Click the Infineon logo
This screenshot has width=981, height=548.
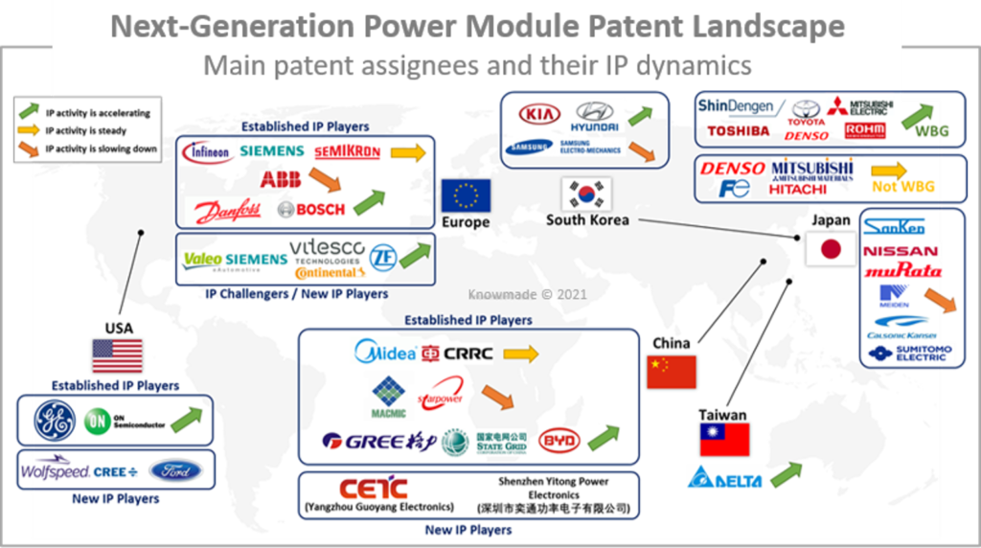[x=207, y=151]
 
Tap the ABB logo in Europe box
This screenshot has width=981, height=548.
[x=280, y=179]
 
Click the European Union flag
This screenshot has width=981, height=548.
[x=466, y=195]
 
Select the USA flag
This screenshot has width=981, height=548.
[x=117, y=355]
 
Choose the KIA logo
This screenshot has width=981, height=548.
[x=539, y=115]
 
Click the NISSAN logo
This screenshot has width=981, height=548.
[x=901, y=251]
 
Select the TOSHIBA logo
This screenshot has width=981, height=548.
[x=738, y=131]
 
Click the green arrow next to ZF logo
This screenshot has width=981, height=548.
[x=415, y=255]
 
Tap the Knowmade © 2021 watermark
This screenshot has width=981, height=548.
[x=526, y=294]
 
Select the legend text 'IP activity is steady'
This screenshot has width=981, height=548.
[x=85, y=130]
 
